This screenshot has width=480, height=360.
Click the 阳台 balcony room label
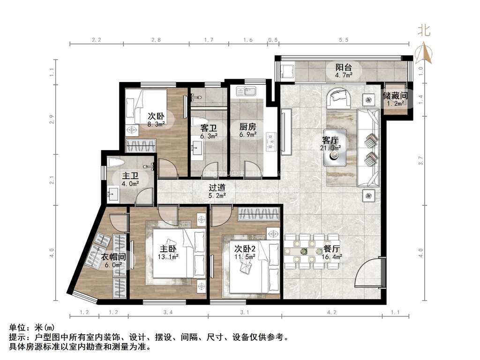(343, 67)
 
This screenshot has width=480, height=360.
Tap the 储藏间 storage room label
(395, 96)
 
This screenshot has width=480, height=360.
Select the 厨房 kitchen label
(247, 127)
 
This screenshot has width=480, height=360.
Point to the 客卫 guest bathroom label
(209, 128)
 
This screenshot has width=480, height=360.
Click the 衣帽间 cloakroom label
(113, 257)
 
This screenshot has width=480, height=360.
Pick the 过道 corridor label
(217, 187)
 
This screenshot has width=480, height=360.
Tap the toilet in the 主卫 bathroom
(115, 162)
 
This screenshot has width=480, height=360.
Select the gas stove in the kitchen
(271, 142)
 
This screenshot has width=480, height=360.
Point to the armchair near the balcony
(339, 98)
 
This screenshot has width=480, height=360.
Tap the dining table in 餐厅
(311, 251)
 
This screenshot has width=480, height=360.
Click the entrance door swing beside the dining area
(367, 272)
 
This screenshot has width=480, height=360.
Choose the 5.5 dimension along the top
(344, 40)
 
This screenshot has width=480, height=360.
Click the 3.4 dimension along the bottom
(168, 312)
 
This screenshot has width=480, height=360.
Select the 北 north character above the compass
(424, 30)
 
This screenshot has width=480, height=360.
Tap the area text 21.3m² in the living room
(330, 148)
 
